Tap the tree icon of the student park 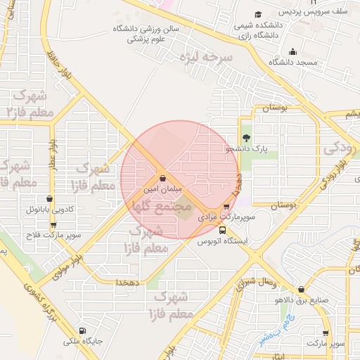point(246,138)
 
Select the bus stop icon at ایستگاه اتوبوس point(223,230)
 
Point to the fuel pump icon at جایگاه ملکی point(83,330)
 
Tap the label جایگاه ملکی point(83,342)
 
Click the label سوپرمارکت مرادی point(221,219)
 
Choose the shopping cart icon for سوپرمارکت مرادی point(226,207)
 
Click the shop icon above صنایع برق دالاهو point(302,289)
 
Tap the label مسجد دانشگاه point(293,63)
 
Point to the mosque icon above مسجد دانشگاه point(293,51)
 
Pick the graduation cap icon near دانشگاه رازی point(258,14)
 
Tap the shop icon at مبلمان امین point(163,179)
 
